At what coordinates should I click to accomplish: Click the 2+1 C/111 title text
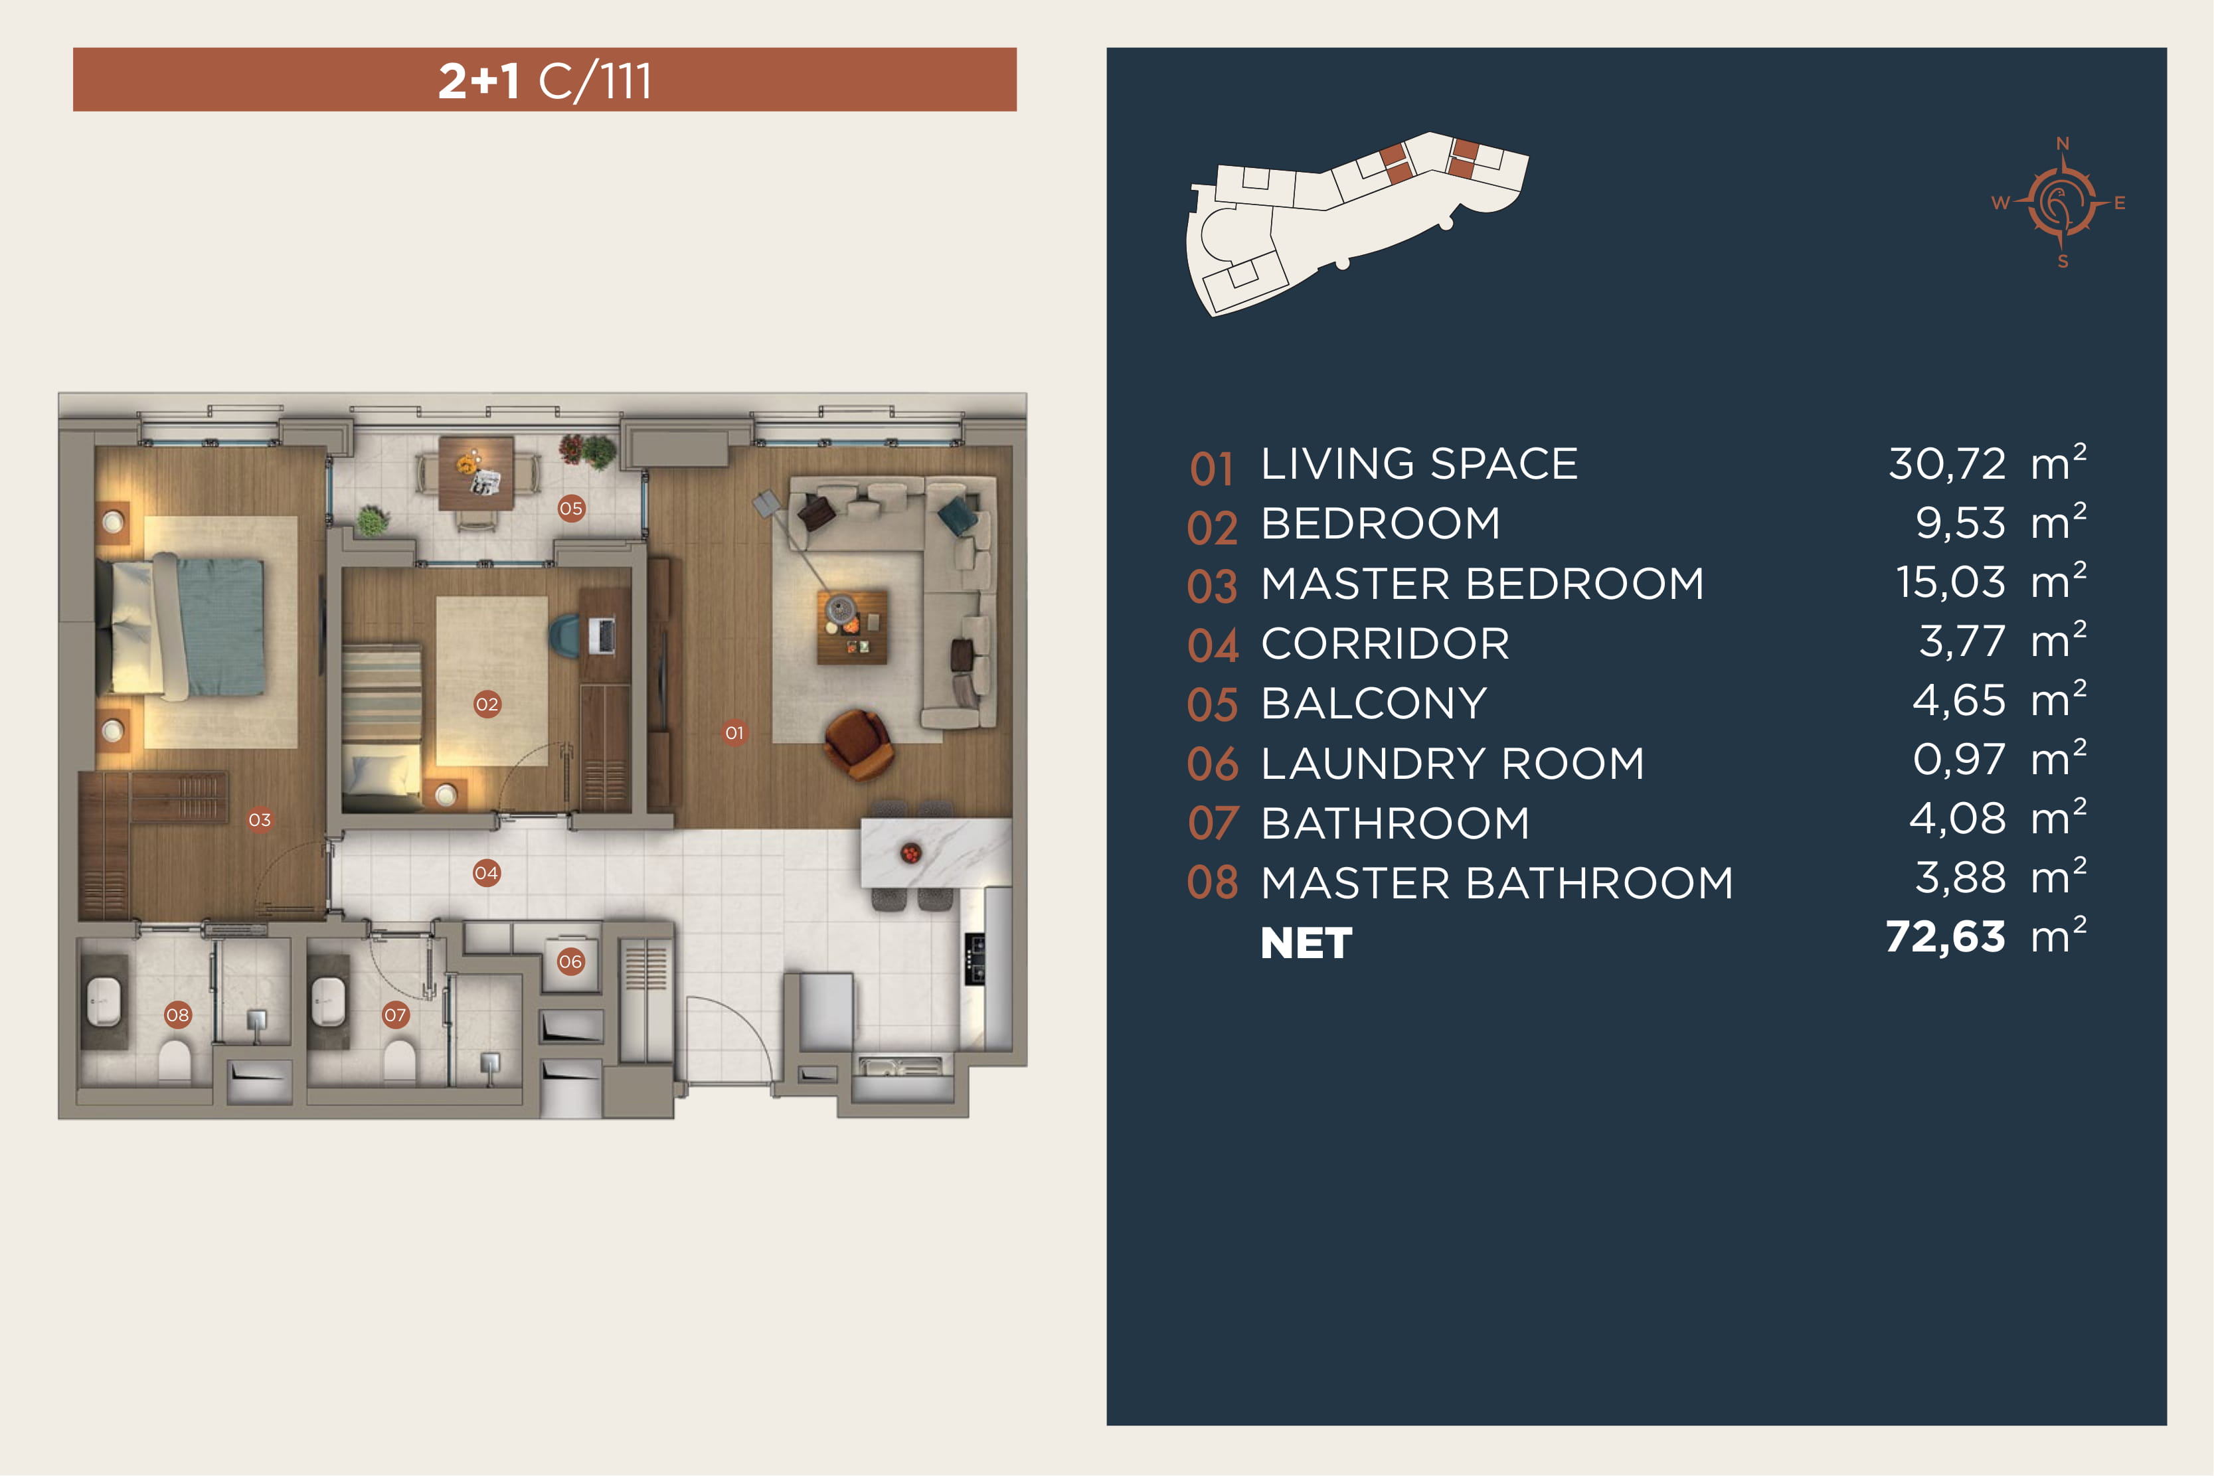coord(545,81)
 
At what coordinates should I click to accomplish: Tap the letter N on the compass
coord(2063,143)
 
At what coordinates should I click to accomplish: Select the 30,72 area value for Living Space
coord(1946,464)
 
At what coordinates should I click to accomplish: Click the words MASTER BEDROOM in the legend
coord(1483,584)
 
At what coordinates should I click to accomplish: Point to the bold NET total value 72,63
coord(1945,938)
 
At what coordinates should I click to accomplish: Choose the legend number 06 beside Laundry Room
coord(1213,764)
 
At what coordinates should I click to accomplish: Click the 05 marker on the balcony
coord(571,509)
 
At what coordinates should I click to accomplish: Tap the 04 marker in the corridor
coord(487,872)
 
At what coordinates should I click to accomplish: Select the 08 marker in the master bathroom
coord(178,1015)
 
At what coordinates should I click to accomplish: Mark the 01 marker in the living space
coord(734,732)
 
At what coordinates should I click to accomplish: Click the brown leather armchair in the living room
coord(857,744)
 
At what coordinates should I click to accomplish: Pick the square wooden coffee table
coord(852,627)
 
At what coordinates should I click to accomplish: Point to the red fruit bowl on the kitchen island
coord(910,854)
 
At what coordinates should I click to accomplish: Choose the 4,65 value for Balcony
coord(1959,701)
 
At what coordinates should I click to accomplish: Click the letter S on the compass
coord(2063,262)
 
